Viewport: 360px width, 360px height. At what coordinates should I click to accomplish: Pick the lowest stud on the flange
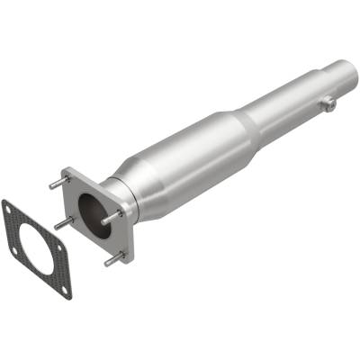click(112, 259)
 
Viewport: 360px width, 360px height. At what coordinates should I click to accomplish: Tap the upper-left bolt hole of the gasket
click(11, 209)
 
